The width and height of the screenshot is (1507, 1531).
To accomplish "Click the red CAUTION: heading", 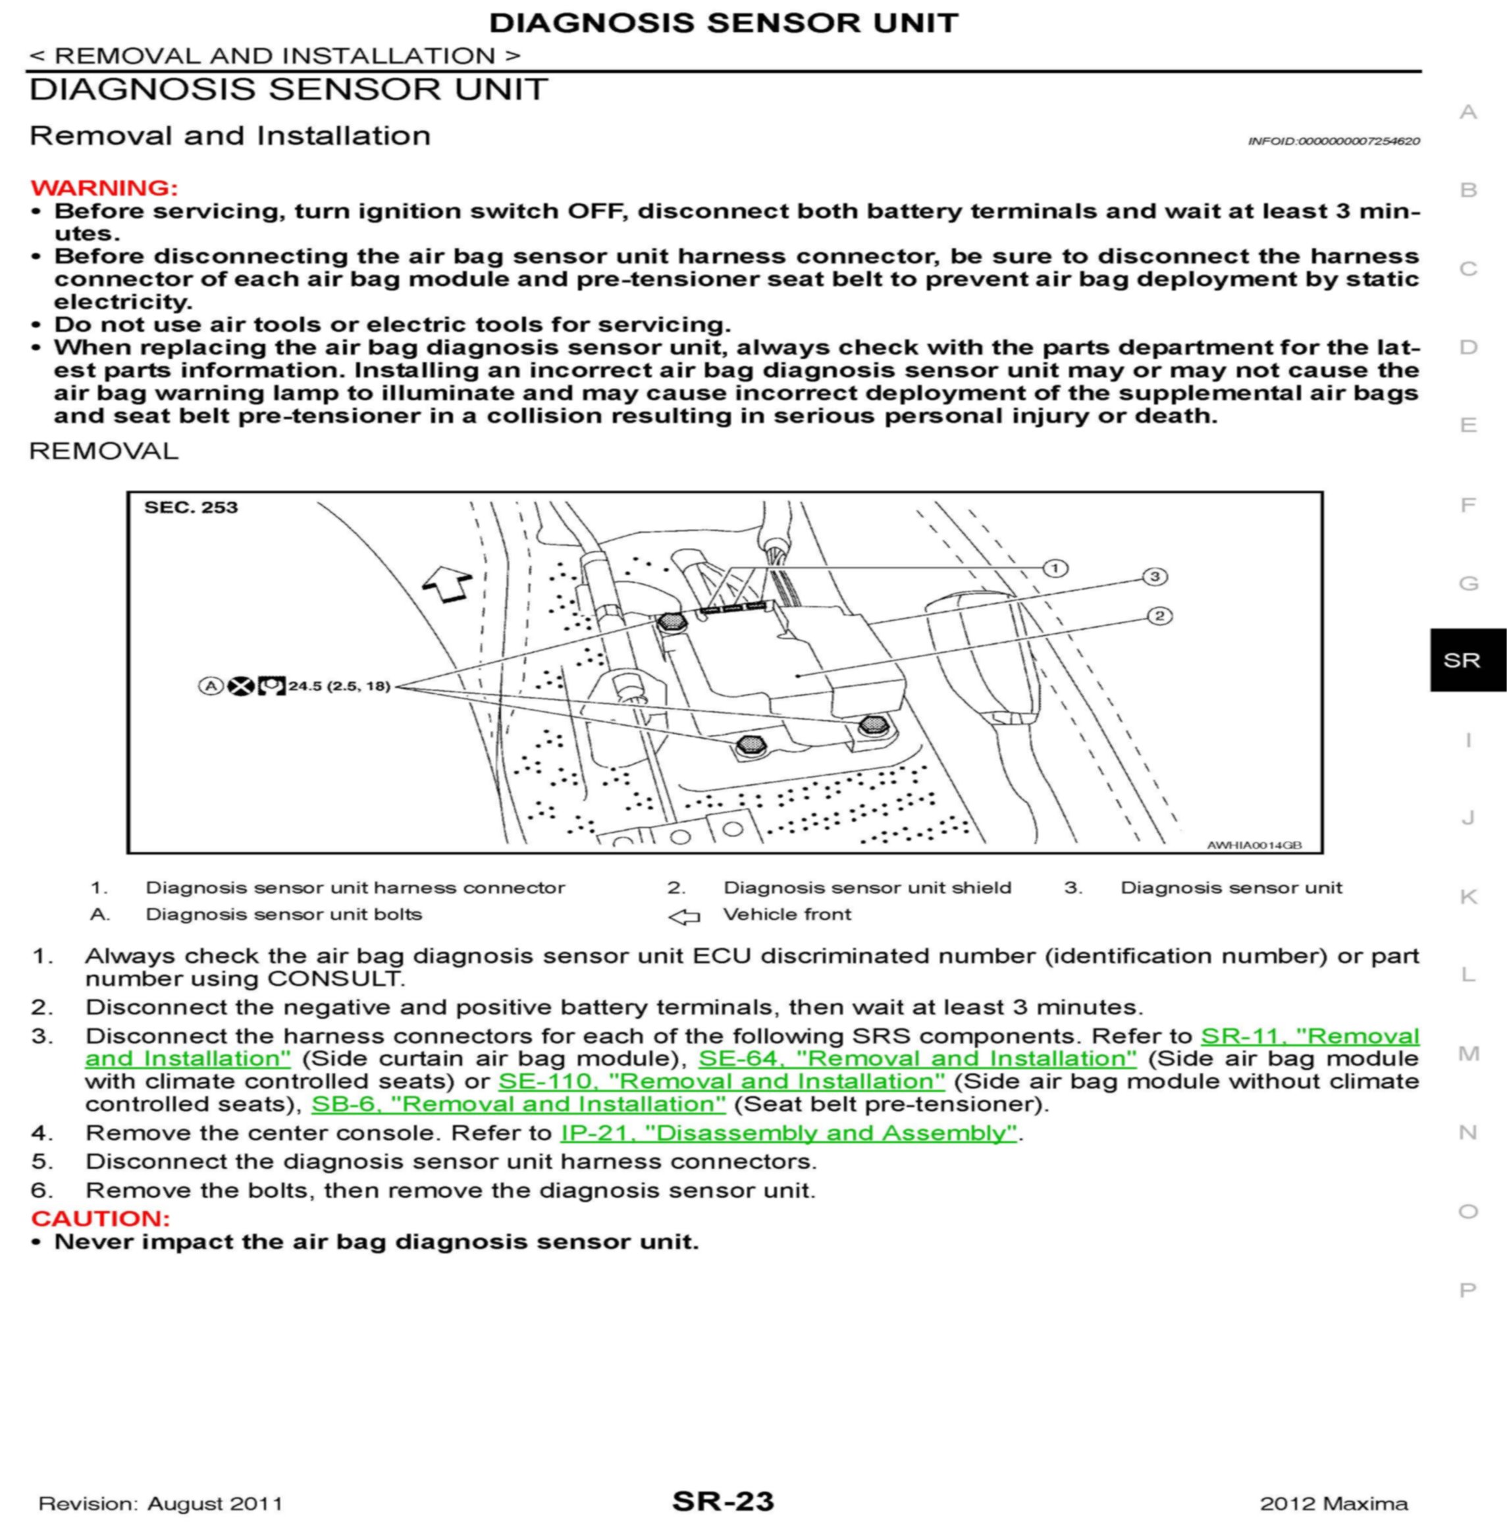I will pos(101,1218).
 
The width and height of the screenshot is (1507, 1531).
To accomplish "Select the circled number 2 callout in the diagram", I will pos(1159,616).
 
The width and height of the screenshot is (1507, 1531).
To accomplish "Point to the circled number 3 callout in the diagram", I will pos(1154,576).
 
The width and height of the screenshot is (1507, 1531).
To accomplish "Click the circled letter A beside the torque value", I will pos(210,685).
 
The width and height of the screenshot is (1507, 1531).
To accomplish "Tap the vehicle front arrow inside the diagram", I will pos(448,587).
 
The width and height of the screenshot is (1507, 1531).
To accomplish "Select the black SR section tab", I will pos(1467,660).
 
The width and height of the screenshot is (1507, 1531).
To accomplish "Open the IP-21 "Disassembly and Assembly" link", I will pos(788,1133).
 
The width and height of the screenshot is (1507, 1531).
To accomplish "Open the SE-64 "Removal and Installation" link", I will pos(916,1058).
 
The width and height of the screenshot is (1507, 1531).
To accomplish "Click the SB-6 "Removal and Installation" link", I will pos(518,1104).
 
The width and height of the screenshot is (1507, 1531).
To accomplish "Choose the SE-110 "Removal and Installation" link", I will pos(721,1081).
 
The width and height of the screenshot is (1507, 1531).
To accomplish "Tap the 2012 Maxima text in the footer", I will pos(1334,1504).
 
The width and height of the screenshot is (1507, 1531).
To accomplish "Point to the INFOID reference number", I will pos(1334,141).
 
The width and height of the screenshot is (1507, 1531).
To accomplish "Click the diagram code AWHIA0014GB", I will pos(1254,846).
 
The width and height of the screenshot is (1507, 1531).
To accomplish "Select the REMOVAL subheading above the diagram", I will pos(103,451).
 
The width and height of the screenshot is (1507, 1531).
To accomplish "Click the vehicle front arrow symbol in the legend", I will pos(684,917).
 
